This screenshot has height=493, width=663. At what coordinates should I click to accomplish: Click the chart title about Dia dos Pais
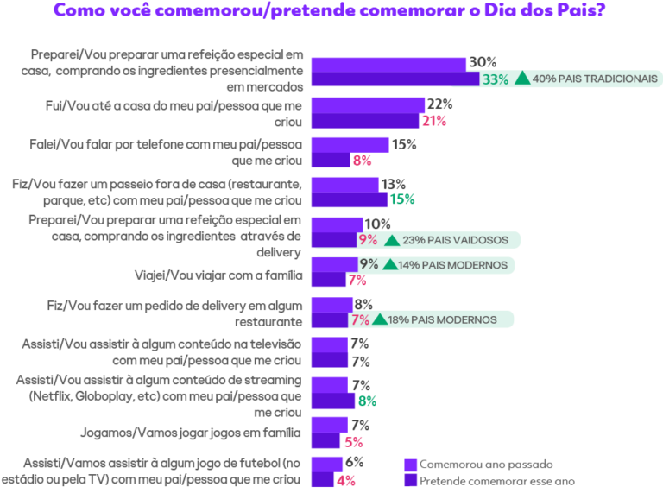(330, 10)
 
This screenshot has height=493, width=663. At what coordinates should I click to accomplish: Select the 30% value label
(483, 62)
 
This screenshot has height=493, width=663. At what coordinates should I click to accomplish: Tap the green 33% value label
(496, 79)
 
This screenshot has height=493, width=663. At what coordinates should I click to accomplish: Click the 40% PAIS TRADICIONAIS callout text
(595, 79)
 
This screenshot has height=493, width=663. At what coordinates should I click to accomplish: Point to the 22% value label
(439, 104)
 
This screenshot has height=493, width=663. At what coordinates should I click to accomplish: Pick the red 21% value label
(434, 122)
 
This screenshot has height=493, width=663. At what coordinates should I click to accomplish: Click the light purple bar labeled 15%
(350, 145)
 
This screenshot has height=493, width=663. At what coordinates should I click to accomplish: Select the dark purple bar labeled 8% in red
(331, 160)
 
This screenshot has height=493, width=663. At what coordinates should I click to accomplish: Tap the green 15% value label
(402, 199)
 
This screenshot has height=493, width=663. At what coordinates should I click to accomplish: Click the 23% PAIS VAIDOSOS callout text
(456, 240)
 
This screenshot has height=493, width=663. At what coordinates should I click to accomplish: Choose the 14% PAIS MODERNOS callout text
(452, 265)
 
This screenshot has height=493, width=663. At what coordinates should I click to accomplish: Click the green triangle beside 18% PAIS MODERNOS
(380, 319)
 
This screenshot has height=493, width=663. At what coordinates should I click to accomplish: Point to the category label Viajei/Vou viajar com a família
(218, 275)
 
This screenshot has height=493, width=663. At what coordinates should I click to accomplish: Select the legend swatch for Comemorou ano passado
(411, 465)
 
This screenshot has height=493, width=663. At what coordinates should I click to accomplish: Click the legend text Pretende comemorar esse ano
(497, 481)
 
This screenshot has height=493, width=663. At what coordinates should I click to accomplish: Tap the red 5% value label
(353, 442)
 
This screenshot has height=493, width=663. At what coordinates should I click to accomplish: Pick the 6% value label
(354, 462)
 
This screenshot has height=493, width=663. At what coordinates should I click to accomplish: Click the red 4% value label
(346, 481)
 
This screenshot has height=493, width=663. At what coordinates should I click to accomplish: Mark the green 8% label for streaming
(367, 401)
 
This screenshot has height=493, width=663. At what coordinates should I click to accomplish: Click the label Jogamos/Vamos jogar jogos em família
(191, 433)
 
